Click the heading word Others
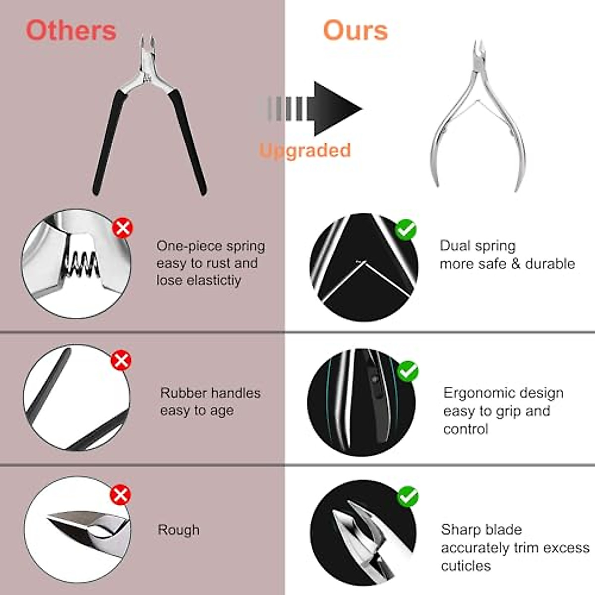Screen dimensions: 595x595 pos(71,30)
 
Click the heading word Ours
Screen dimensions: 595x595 pos(355,30)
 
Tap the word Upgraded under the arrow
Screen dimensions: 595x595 pos(305,150)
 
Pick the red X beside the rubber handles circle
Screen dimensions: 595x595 pos(121,360)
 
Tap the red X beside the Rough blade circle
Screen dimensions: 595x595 pos(120,494)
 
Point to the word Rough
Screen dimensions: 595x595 pos(178,530)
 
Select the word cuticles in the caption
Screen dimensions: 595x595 pos(466,566)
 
